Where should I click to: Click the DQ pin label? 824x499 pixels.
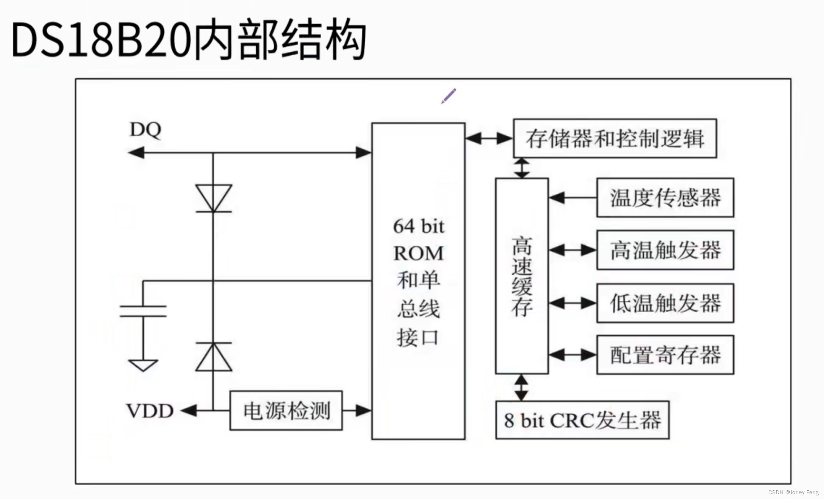(145, 130)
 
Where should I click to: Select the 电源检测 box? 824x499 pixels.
(286, 411)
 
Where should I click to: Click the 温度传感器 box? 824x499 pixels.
(665, 198)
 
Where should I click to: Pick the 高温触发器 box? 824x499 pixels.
(665, 250)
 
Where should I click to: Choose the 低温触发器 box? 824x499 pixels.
(665, 303)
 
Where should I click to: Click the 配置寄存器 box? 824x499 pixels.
(665, 355)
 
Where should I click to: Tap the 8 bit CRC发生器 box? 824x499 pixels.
(582, 420)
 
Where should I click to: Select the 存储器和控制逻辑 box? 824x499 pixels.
(615, 138)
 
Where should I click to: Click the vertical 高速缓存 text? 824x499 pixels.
(522, 276)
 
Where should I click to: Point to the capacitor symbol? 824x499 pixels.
(143, 311)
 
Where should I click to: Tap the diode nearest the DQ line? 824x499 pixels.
(214, 198)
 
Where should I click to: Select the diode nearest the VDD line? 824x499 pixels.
(214, 357)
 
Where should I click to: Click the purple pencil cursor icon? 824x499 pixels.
(449, 96)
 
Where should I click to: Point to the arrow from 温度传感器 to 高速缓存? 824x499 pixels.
(572, 198)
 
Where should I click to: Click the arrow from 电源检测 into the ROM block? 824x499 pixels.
(357, 410)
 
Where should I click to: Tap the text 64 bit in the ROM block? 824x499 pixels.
(419, 227)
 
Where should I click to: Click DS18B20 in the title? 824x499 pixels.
(101, 40)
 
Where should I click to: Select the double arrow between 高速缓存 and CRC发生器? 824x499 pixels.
(521, 388)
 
